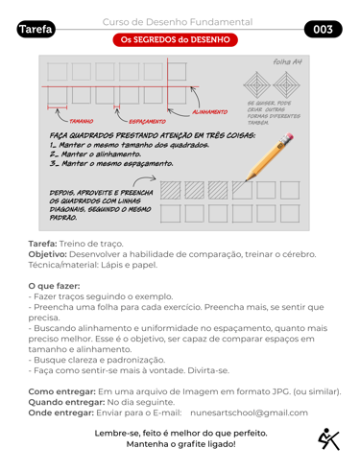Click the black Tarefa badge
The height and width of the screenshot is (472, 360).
click(x=36, y=29)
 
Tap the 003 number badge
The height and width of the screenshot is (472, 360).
click(x=323, y=29)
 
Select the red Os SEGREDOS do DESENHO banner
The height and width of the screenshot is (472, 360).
click(x=175, y=39)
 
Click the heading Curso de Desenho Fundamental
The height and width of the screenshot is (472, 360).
click(x=178, y=22)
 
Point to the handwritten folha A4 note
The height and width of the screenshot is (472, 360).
click(x=287, y=61)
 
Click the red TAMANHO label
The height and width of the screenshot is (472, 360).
click(x=82, y=121)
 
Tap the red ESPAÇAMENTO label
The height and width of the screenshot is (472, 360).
click(x=147, y=121)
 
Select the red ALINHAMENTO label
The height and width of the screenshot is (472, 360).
click(x=210, y=112)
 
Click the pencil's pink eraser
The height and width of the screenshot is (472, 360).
click(x=288, y=137)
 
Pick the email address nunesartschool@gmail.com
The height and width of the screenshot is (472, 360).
click(x=249, y=413)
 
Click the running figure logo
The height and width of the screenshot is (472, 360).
click(x=328, y=439)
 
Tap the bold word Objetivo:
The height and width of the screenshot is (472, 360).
click(x=48, y=254)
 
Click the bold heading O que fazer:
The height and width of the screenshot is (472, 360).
click(x=54, y=286)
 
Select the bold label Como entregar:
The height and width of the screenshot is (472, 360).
click(x=62, y=391)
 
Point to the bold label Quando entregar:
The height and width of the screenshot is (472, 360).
click(x=66, y=402)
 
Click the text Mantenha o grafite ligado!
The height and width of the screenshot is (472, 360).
click(x=181, y=444)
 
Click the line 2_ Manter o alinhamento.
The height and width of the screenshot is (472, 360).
click(x=95, y=154)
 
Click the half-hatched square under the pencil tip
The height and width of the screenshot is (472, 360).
click(x=242, y=190)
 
